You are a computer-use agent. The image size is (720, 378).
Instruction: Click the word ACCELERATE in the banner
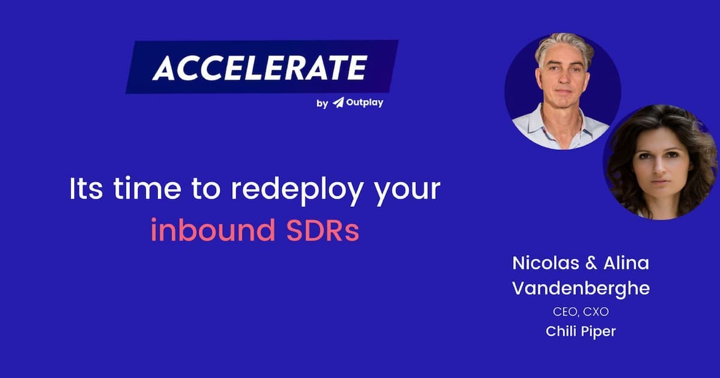(260, 67)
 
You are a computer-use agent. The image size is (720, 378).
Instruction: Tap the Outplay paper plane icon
(338, 103)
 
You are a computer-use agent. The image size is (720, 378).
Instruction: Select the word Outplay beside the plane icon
(365, 103)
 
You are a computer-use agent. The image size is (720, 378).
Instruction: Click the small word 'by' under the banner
(322, 103)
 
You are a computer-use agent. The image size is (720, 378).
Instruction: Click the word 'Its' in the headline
(86, 188)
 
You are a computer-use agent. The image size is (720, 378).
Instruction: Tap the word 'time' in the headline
(147, 188)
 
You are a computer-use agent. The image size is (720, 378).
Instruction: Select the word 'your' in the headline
(407, 191)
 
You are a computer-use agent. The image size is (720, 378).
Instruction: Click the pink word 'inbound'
(213, 229)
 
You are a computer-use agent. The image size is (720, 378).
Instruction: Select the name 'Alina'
(626, 263)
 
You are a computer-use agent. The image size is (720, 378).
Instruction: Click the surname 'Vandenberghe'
(581, 289)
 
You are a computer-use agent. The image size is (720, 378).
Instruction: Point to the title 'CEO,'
(565, 312)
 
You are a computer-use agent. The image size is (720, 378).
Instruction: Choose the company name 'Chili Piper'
(581, 331)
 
